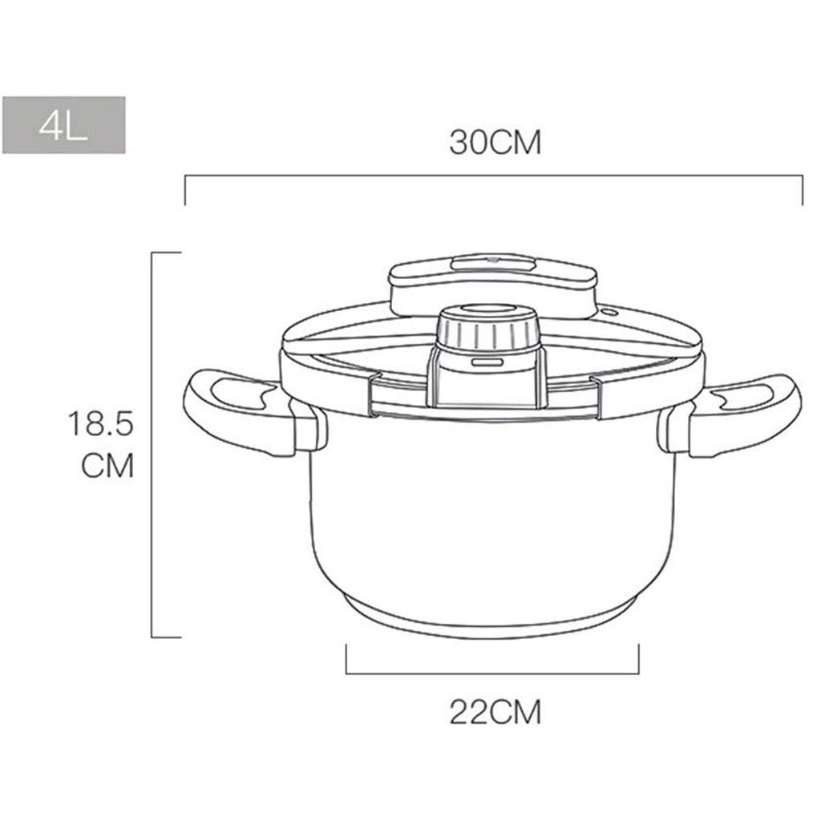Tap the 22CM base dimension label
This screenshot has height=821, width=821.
495,712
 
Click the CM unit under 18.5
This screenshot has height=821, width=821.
107,466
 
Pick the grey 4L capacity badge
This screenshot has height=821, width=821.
64,124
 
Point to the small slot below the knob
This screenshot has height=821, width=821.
487,362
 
